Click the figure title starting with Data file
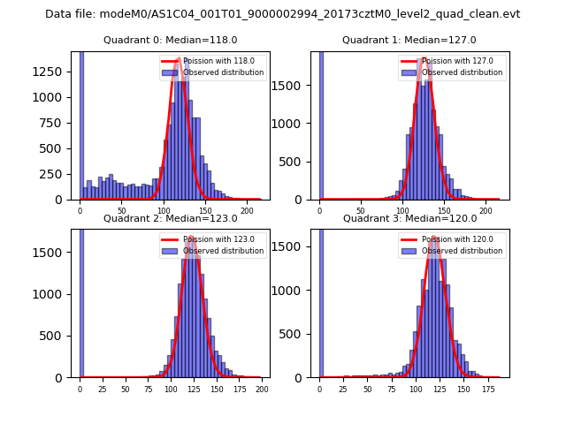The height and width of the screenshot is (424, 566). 282,14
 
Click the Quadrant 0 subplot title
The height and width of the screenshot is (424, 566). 170,40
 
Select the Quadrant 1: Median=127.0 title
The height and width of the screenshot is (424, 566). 409,40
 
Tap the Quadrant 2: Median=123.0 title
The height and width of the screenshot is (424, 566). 170,218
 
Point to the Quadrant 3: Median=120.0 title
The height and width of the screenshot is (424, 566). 409,218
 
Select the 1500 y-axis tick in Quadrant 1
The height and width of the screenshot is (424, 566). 293,86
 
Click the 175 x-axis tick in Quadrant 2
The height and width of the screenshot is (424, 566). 240,389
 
